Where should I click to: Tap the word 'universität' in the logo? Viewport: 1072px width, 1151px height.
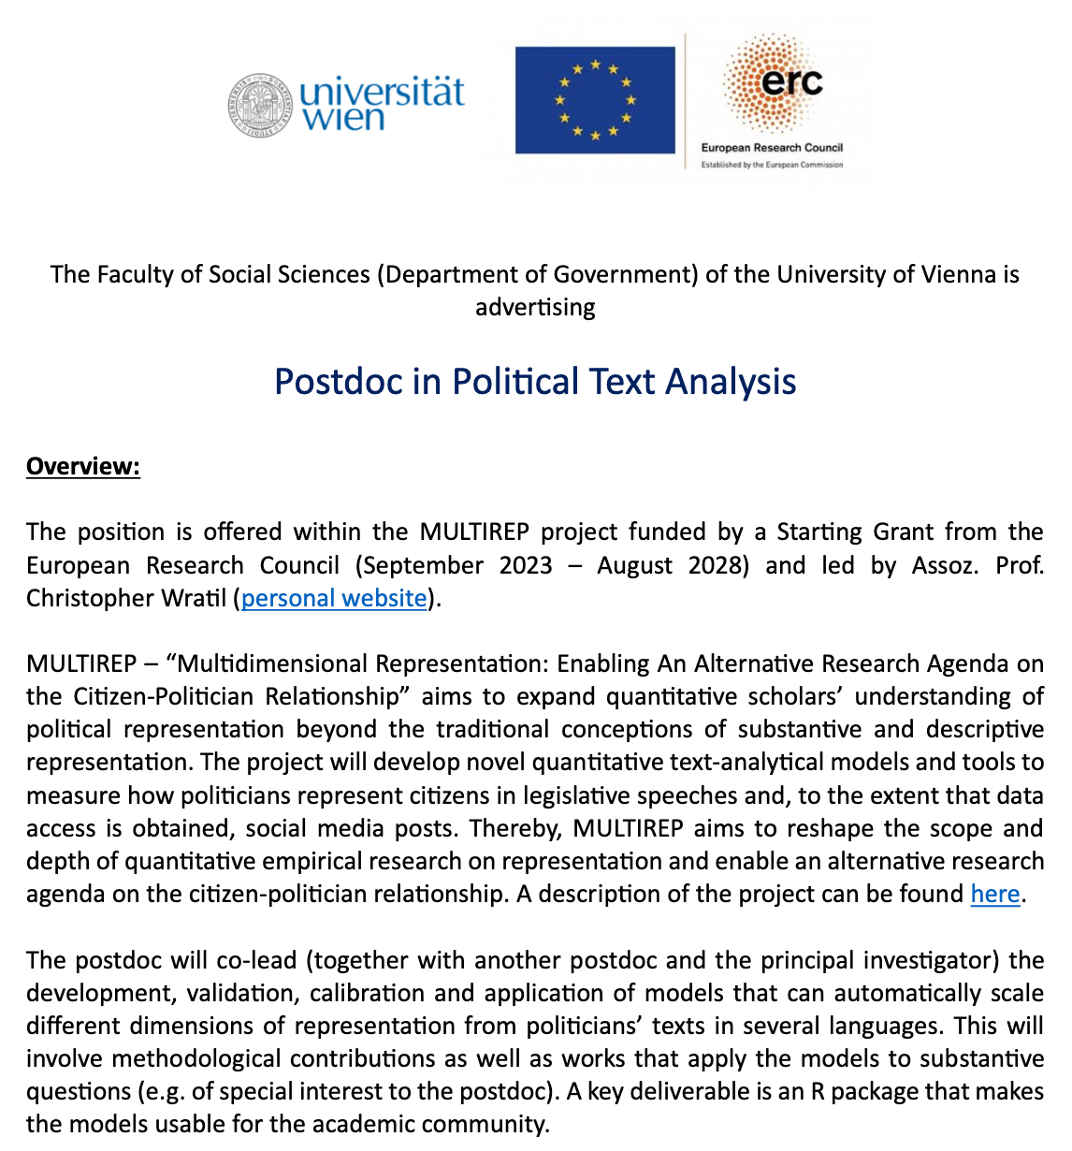pos(382,92)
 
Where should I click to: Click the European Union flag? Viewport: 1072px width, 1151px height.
pos(595,100)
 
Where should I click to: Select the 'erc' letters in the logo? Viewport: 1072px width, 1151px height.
pos(790,82)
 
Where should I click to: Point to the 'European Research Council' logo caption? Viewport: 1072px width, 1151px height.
pos(772,148)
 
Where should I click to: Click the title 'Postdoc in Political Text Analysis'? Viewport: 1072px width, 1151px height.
pos(535,382)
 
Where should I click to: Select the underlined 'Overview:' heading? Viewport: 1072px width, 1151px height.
pos(83,466)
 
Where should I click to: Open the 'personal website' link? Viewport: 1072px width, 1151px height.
pos(334,598)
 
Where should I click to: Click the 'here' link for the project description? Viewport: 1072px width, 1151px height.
pos(994,894)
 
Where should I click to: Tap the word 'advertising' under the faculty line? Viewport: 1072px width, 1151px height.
pos(535,307)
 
